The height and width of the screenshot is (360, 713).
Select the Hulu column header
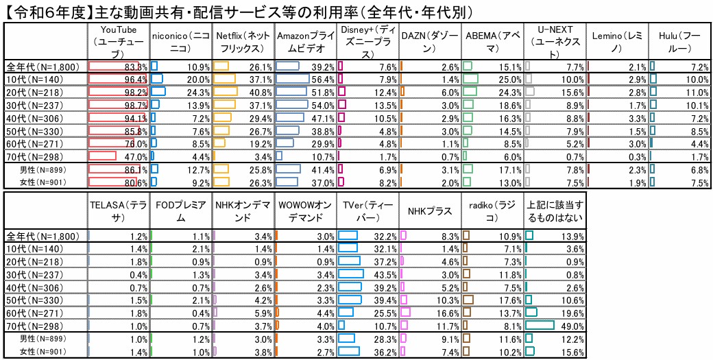pyautogui.click(x=679, y=43)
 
